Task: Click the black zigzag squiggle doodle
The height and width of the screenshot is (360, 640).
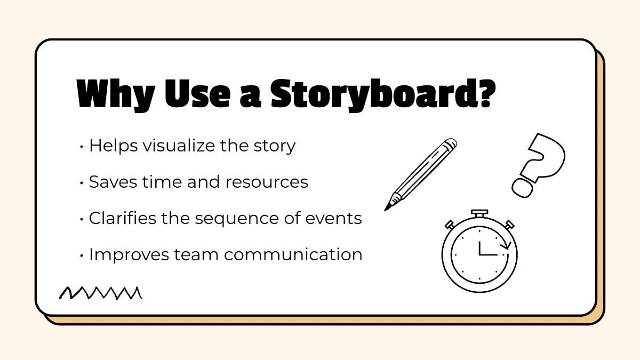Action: (100, 292)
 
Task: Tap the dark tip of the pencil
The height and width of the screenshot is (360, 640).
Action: (388, 205)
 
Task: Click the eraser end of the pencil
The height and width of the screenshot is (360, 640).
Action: (451, 144)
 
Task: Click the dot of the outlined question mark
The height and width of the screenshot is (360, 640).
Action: (522, 187)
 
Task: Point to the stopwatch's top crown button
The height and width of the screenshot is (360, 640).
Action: (479, 213)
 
